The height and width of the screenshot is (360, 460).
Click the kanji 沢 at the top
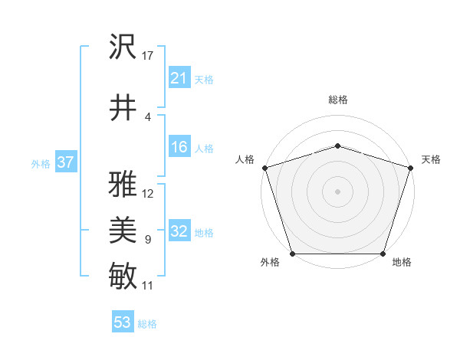123,47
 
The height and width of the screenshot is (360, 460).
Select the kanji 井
123,106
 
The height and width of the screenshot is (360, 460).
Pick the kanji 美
123,231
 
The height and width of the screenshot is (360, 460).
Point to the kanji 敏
123,276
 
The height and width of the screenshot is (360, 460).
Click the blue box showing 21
179,78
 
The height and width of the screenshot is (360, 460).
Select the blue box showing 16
179,148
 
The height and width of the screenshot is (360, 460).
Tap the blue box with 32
179,232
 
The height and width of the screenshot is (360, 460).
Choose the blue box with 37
65,162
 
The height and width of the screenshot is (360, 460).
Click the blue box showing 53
122,322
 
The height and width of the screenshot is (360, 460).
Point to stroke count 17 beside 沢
148,56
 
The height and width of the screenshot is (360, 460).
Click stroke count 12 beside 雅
148,194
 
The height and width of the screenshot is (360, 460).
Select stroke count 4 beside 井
147,117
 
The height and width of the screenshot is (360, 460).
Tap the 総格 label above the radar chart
337,100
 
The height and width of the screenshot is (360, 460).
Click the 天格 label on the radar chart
431,159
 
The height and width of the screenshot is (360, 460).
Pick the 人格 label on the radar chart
245,159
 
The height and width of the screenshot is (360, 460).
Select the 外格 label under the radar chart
270,263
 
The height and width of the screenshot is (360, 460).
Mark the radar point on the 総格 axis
337,146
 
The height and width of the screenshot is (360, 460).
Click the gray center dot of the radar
337,191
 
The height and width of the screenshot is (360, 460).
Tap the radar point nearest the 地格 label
383,254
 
